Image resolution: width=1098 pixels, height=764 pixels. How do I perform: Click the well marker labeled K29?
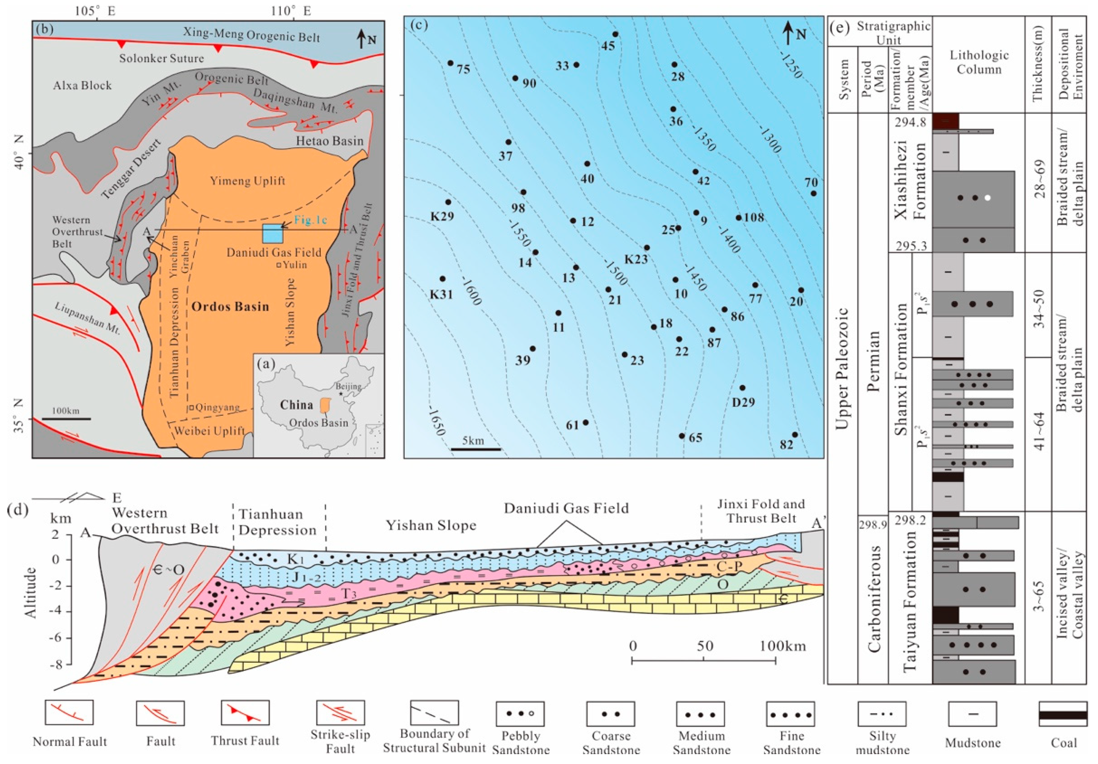448,202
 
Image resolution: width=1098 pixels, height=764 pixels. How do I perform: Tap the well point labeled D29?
742,388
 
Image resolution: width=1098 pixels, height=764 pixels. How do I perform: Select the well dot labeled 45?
615,35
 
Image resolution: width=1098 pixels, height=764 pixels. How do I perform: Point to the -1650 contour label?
436,421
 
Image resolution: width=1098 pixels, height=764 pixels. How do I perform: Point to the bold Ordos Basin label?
230,307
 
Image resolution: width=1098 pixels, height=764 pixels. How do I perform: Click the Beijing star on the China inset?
340,394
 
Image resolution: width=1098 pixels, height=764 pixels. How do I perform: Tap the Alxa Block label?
82,86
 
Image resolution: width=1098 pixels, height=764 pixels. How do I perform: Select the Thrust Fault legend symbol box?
245,713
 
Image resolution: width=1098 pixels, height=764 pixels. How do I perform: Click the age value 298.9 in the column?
873,525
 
